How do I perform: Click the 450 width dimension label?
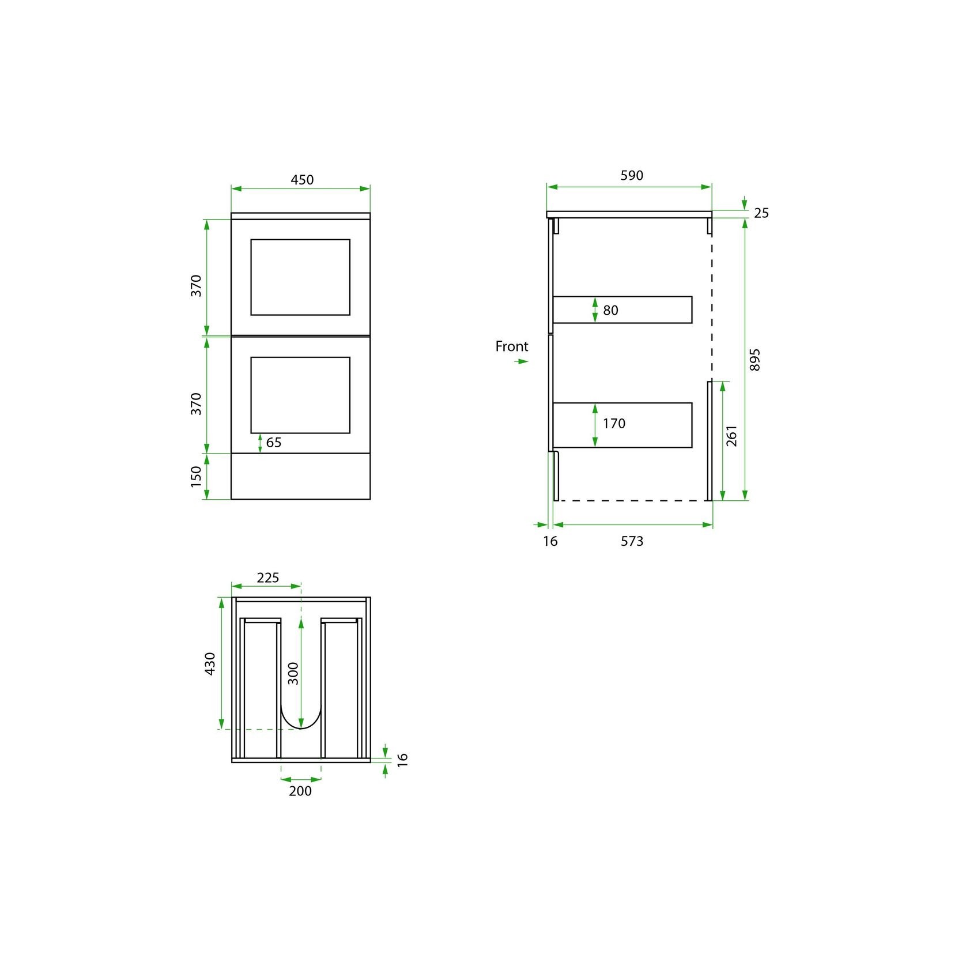[x=302, y=180]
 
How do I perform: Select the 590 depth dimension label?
[x=632, y=175]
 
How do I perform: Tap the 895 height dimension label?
[x=755, y=359]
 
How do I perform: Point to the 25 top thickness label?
[x=761, y=213]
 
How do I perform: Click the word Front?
[x=512, y=346]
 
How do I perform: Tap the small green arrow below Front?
[x=521, y=361]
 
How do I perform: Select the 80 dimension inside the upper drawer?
[x=610, y=311]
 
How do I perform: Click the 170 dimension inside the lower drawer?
[x=614, y=424]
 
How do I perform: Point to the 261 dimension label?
[x=731, y=436]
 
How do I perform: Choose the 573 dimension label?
[x=632, y=541]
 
